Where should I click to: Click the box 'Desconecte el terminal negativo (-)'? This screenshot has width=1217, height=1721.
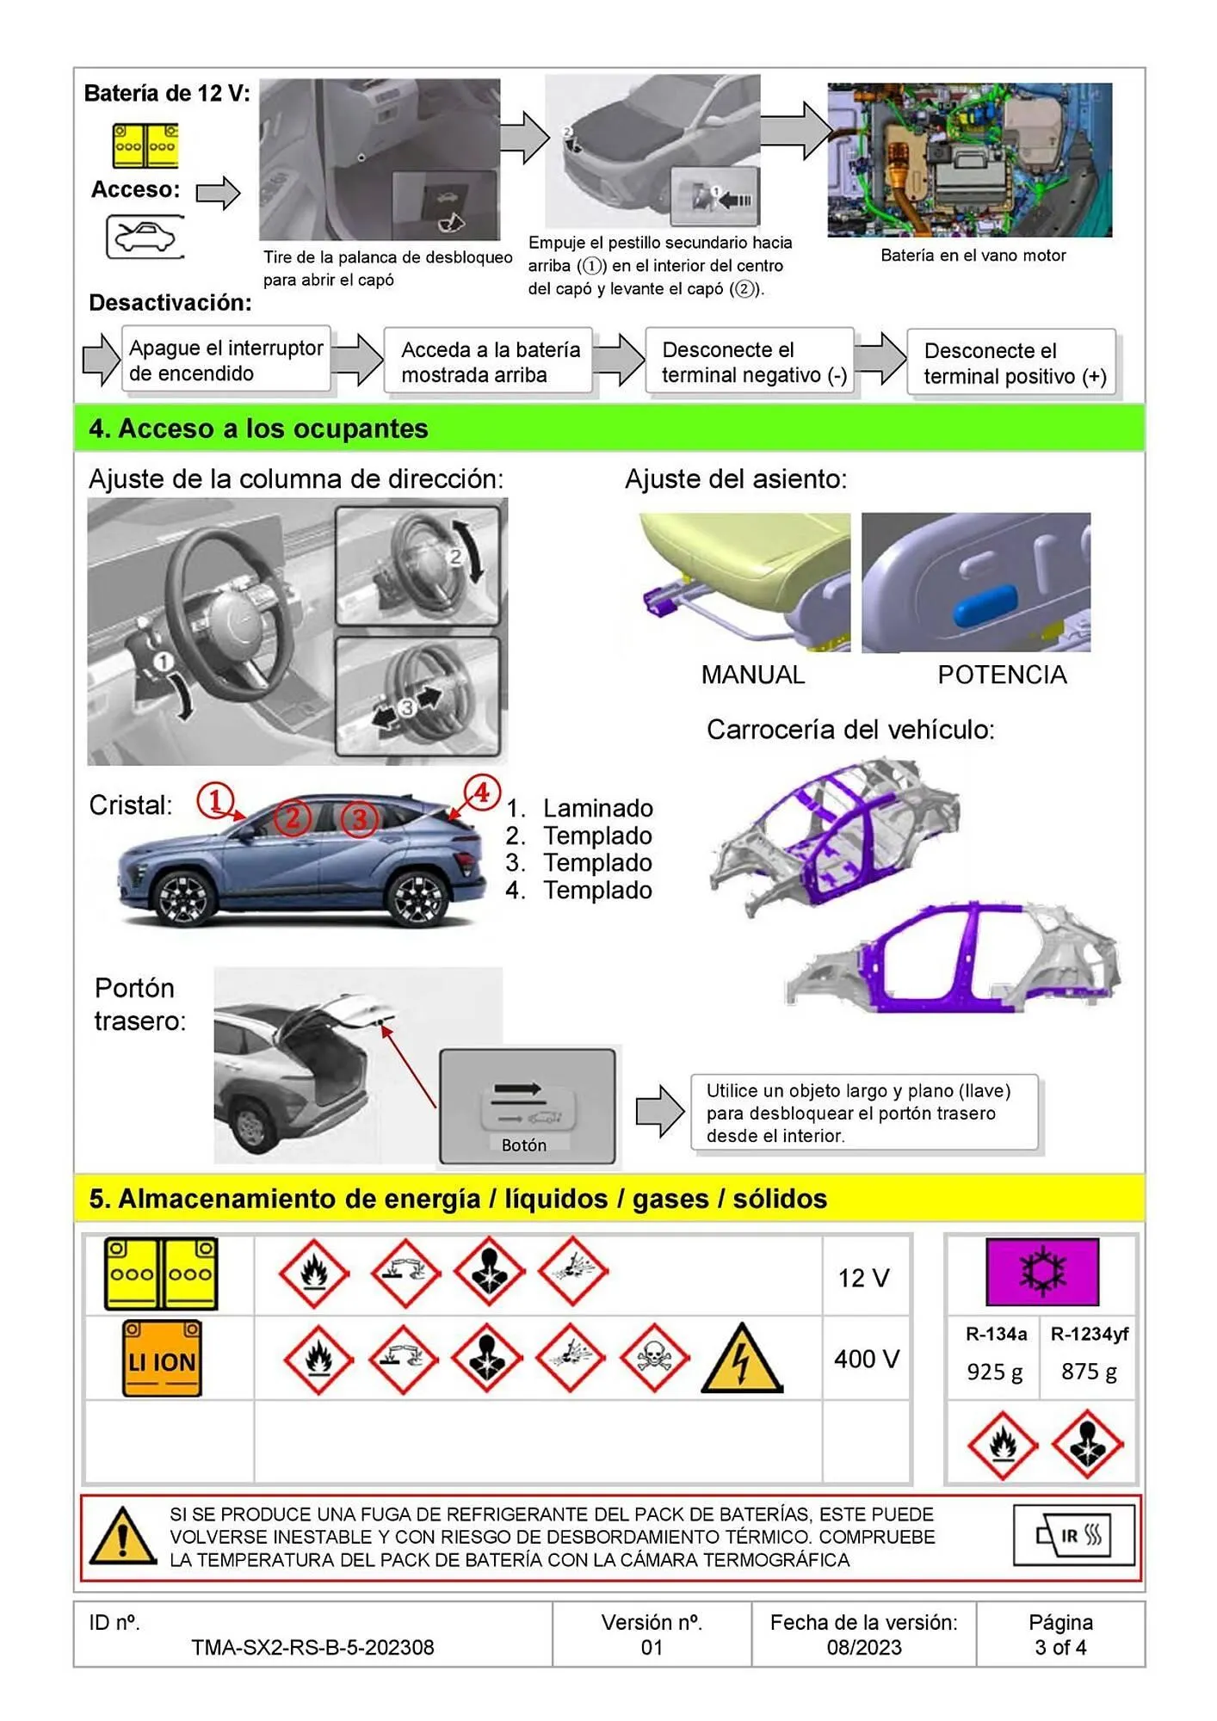click(x=750, y=362)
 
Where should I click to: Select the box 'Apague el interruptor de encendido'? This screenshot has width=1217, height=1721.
click(x=225, y=361)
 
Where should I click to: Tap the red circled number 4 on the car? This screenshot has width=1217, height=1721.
click(x=482, y=793)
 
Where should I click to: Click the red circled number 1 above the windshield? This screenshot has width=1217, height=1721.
click(x=214, y=799)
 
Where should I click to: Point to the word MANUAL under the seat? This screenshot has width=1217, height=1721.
click(x=752, y=675)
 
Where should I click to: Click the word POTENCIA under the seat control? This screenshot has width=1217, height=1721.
click(x=1002, y=675)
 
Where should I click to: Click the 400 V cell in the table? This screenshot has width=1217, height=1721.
click(x=866, y=1359)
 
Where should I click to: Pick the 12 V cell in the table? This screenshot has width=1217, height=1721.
click(x=863, y=1278)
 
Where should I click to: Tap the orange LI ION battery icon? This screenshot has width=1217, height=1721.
click(x=162, y=1358)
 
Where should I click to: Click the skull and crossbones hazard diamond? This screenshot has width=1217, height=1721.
click(x=653, y=1359)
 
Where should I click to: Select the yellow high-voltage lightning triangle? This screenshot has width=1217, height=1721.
click(x=741, y=1360)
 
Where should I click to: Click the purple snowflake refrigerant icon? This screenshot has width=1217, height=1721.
click(x=1042, y=1272)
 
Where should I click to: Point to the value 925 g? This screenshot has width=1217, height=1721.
click(x=994, y=1372)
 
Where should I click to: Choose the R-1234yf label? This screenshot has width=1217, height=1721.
click(x=1089, y=1334)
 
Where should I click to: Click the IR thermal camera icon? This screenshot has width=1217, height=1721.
click(x=1074, y=1536)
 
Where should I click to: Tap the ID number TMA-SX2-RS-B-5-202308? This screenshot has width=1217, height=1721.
click(x=312, y=1647)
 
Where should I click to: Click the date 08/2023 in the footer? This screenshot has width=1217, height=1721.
click(x=864, y=1647)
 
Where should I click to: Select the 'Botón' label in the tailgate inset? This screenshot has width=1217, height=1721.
click(x=523, y=1144)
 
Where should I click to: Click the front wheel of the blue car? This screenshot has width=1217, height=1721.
click(x=182, y=898)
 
